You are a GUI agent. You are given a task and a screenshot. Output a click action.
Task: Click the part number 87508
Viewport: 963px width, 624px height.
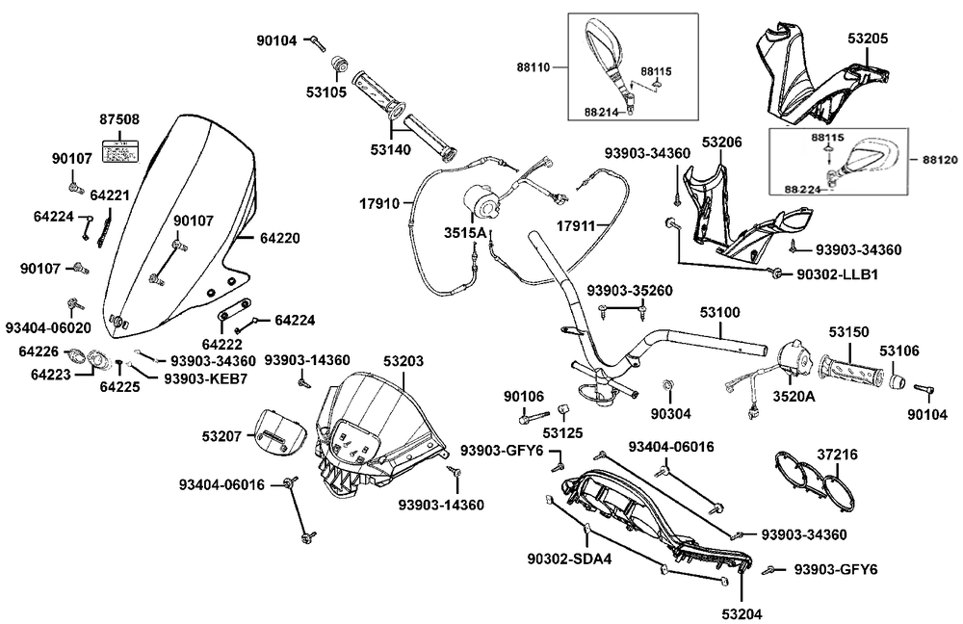coord(119,119)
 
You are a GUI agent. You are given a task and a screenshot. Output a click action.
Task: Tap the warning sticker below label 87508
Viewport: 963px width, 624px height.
coord(119,151)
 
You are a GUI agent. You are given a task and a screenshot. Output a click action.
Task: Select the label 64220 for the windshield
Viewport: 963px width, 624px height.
coord(280,238)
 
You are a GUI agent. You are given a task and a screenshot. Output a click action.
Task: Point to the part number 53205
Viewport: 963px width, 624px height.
coord(868,39)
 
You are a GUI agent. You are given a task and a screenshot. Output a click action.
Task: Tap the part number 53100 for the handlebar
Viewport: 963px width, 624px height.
coord(719,313)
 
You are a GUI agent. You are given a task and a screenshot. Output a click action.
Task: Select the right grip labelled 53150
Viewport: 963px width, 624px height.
coord(850,370)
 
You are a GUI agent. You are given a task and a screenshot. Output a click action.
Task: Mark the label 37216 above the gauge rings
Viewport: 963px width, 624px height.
coord(837,455)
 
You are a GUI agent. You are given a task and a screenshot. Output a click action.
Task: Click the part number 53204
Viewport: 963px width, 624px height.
coord(742,613)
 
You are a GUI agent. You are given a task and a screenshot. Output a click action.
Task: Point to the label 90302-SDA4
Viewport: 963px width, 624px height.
coord(569,559)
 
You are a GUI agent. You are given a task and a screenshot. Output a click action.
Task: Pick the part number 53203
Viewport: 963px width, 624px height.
coord(403,361)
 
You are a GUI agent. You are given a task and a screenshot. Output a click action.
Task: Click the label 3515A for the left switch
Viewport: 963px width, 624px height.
coord(465,233)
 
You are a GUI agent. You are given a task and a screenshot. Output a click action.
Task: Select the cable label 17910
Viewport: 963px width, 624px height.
coord(379,203)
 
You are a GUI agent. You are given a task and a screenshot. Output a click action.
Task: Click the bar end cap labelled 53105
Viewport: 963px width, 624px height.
coord(338,64)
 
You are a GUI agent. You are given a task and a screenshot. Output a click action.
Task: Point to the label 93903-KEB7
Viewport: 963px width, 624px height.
coord(206,379)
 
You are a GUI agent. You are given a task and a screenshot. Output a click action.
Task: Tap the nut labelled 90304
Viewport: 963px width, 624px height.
coord(665,386)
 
